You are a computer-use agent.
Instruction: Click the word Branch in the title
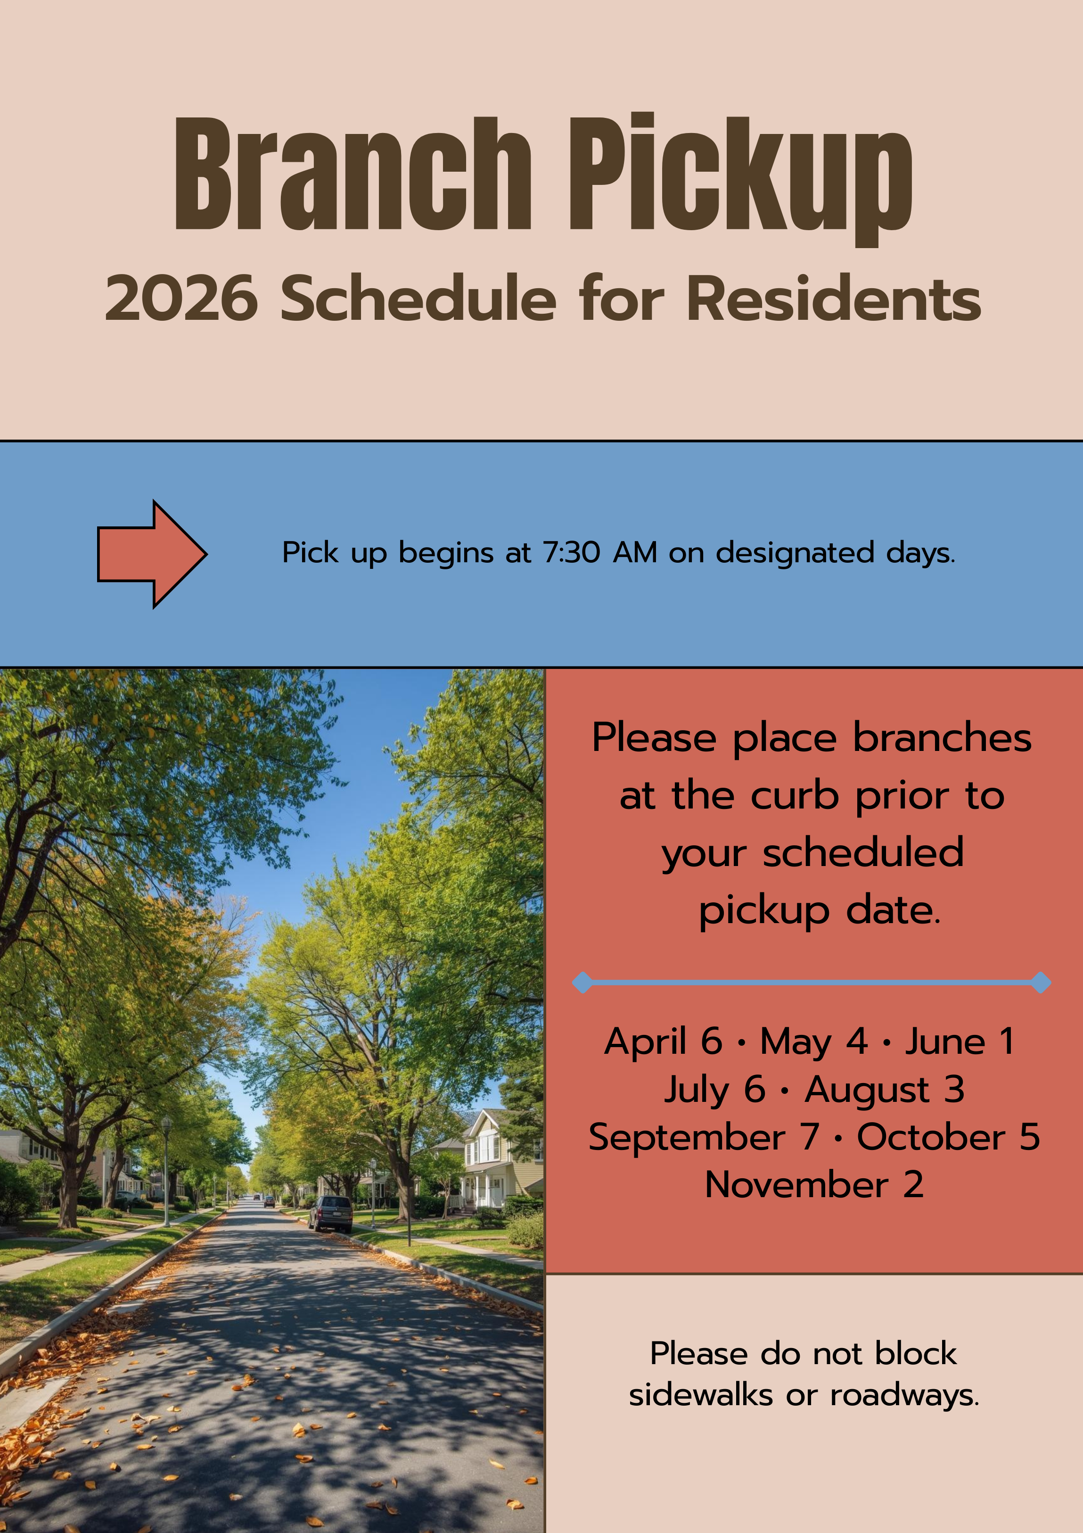(353, 174)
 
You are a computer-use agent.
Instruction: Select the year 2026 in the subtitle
(181, 299)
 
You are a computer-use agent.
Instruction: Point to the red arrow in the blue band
(152, 553)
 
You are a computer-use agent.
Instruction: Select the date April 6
(663, 1041)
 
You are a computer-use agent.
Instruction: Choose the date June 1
(960, 1041)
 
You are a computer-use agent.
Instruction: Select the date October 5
(948, 1137)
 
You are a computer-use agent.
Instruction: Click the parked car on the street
(330, 1214)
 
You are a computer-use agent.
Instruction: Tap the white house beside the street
(491, 1165)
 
